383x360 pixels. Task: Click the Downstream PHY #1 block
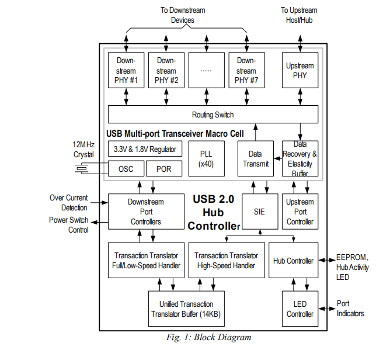pos(126,70)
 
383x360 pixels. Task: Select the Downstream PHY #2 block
pos(166,70)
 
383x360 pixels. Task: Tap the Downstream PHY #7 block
pos(246,70)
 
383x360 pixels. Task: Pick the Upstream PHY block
pos(300,70)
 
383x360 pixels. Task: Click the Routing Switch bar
pos(213,115)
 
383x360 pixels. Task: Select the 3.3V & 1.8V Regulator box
pos(145,148)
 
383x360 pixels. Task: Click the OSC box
pos(126,169)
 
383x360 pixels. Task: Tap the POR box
pos(163,169)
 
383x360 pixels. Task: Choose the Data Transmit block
pos(255,159)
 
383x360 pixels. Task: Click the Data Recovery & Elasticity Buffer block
pos(300,158)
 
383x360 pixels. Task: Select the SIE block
pos(259,212)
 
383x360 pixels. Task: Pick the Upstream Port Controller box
pos(300,212)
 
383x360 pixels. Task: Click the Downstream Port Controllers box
pos(145,212)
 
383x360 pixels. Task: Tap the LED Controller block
pos(300,309)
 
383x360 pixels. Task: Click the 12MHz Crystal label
pos(83,149)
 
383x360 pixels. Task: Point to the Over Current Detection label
pos(68,203)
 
